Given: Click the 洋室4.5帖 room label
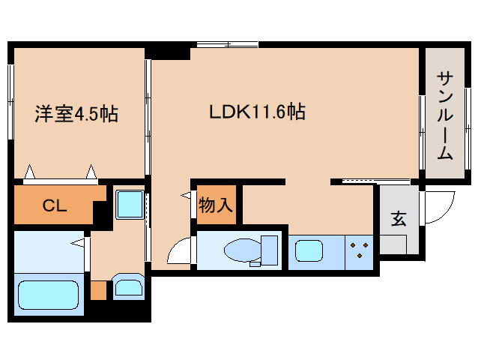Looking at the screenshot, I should pyautogui.click(x=76, y=114).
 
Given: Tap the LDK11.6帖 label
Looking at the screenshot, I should pyautogui.click(x=256, y=112).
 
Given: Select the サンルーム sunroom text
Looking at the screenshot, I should pyautogui.click(x=444, y=115).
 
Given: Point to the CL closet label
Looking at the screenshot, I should pyautogui.click(x=54, y=205).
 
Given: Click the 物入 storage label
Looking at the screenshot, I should pyautogui.click(x=216, y=204).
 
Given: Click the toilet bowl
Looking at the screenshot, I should pyautogui.click(x=241, y=250).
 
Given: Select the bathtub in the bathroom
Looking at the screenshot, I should pyautogui.click(x=47, y=298).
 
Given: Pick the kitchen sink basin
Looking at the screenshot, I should pyautogui.click(x=308, y=250).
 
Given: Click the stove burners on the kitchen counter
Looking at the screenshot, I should pyautogui.click(x=360, y=250).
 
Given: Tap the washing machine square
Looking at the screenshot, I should pyautogui.click(x=130, y=205).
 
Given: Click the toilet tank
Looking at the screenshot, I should pyautogui.click(x=269, y=250).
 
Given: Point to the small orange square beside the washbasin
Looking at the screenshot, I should pyautogui.click(x=98, y=289).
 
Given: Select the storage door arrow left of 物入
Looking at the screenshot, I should pyautogui.click(x=185, y=196).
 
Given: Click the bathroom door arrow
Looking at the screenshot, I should pyautogui.click(x=77, y=242).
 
